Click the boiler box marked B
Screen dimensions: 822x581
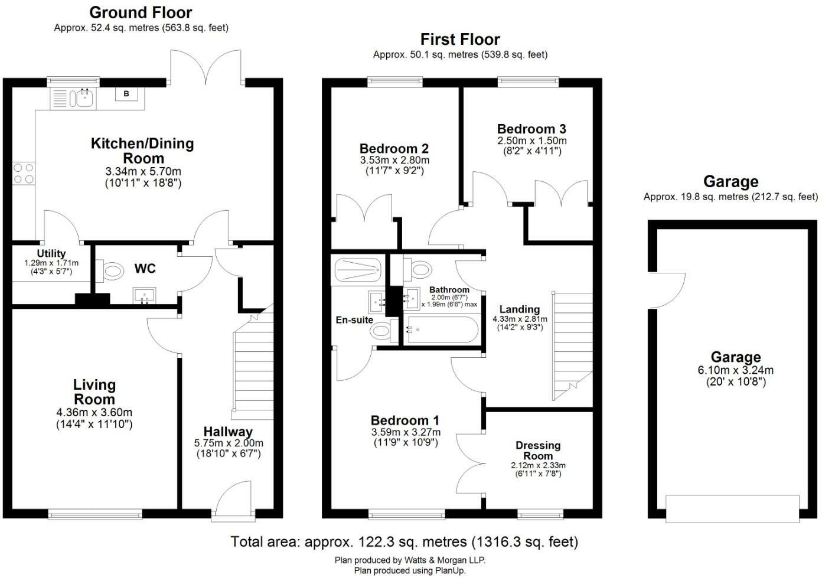coord(126,94)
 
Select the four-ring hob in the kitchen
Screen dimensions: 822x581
coord(24,173)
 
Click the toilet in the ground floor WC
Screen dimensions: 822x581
coord(109,271)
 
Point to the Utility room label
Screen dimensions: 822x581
coord(51,253)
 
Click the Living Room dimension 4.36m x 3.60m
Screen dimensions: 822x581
coord(94,412)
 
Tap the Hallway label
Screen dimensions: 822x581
coord(229,431)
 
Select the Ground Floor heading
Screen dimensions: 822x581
coord(141,12)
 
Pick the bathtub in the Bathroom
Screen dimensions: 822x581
coord(442,329)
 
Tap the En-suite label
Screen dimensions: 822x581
coord(354,320)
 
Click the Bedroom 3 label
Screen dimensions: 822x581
coord(531,129)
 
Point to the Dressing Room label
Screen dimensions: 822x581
coord(538,451)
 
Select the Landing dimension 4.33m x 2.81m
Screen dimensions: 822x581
coord(520,319)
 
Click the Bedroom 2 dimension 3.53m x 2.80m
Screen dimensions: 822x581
coord(394,161)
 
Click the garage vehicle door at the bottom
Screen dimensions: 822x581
coord(732,509)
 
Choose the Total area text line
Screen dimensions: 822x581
coord(405,541)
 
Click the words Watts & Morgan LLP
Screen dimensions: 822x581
coord(445,560)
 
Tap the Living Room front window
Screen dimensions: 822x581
coord(95,514)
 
